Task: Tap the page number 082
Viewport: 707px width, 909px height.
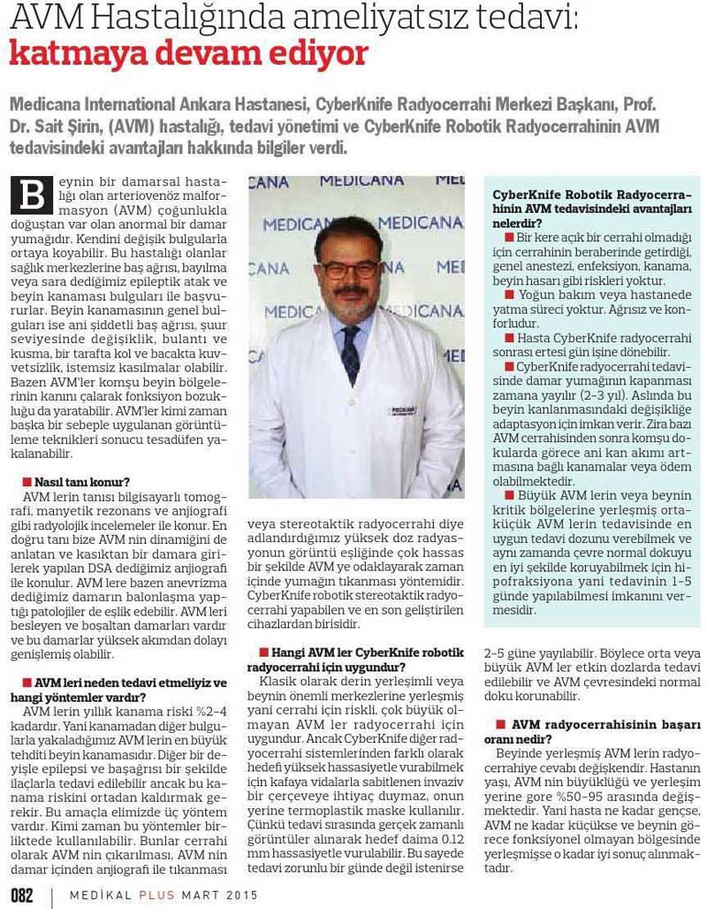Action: [22, 895]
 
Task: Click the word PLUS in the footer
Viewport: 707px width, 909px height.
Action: [158, 895]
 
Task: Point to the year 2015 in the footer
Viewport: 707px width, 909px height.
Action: [241, 895]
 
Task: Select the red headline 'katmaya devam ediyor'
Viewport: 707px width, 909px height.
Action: [187, 55]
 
